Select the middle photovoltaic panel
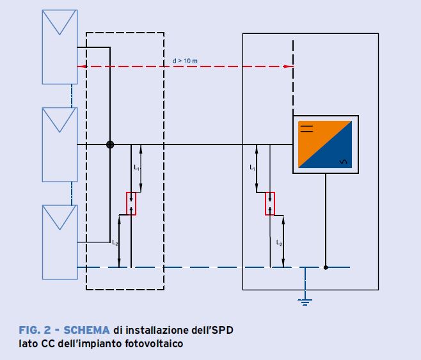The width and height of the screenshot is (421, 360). click(60, 145)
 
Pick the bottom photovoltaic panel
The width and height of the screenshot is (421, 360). click(60, 242)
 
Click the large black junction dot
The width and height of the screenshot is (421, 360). click(110, 145)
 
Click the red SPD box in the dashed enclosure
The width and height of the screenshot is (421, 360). click(131, 203)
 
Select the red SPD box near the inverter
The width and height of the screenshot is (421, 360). click(270, 204)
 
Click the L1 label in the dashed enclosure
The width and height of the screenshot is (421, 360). click(136, 168)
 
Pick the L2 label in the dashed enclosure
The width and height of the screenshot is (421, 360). click(115, 243)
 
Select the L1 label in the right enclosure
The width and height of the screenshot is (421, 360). click(252, 168)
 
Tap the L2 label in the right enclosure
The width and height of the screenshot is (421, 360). click(279, 243)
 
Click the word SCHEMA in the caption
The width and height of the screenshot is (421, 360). click(87, 331)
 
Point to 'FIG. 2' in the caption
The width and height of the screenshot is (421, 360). click(36, 331)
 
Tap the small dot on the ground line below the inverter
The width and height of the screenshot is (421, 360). click(326, 267)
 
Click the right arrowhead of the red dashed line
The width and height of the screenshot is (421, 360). click(290, 66)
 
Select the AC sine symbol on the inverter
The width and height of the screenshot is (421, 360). click(343, 162)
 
